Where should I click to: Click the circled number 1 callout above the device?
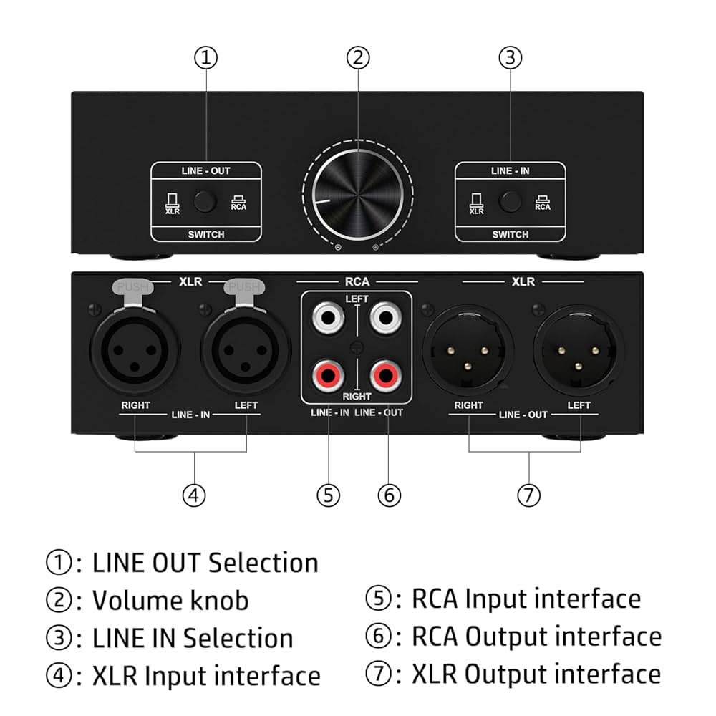(x=206, y=58)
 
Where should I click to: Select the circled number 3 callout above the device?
(x=510, y=58)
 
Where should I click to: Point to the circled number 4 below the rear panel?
(x=193, y=494)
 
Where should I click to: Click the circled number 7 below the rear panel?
(x=528, y=494)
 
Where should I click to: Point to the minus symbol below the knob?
(x=338, y=248)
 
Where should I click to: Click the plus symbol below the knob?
(x=375, y=248)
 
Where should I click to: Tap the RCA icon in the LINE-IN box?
(x=543, y=203)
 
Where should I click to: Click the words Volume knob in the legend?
(x=170, y=600)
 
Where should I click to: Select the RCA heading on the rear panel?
(x=357, y=282)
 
